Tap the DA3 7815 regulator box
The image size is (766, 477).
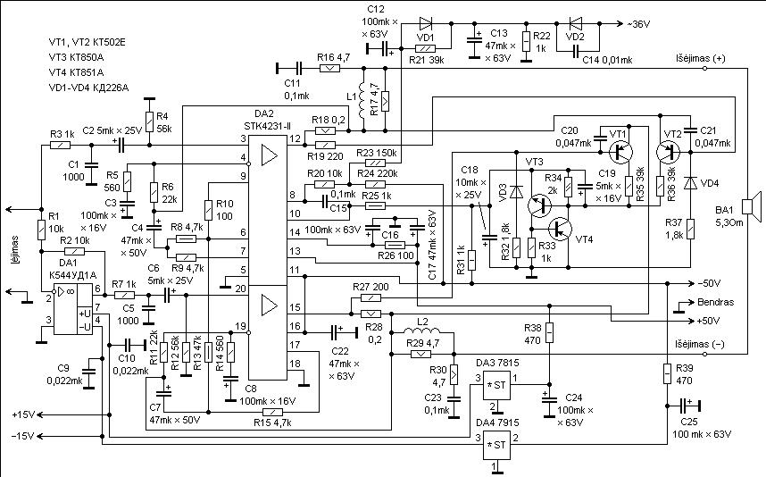click(496, 386)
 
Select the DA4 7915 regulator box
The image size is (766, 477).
click(496, 445)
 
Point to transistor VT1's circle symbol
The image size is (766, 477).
click(620, 153)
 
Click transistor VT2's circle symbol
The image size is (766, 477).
click(668, 153)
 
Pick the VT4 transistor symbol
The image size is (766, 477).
click(560, 229)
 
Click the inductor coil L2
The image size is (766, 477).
click(422, 331)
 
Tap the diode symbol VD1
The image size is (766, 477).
click(426, 23)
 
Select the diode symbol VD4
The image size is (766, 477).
click(690, 183)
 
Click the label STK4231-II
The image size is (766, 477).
click(267, 126)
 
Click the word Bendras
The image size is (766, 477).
click(715, 302)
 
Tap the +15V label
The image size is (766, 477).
click(24, 415)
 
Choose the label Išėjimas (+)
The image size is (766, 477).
click(700, 59)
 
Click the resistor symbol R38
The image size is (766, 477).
click(550, 332)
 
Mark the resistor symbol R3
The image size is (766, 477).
click(61, 145)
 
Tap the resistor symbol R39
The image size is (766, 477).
click(667, 373)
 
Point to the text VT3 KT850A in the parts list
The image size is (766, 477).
click(76, 57)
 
